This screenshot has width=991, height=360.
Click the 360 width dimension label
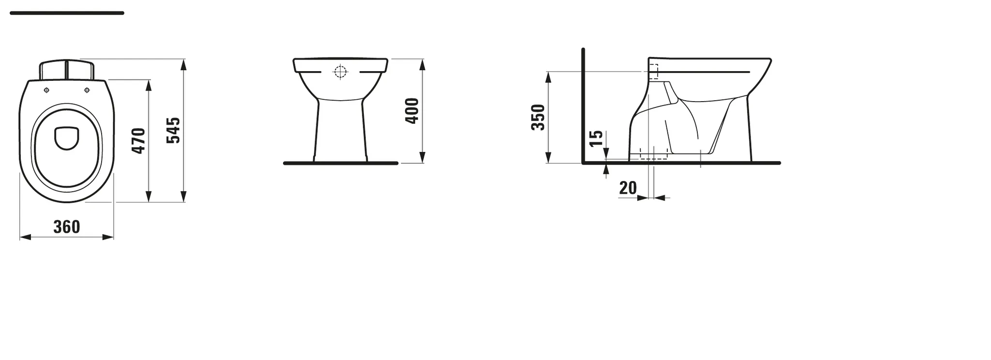tap(66, 226)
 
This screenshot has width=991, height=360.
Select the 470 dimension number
tap(139, 141)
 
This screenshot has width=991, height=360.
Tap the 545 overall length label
tap(173, 130)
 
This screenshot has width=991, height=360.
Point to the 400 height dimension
tap(412, 111)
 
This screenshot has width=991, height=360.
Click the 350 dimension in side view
tap(538, 117)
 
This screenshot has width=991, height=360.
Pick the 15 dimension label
tap(597, 138)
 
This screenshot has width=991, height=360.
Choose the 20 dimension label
tap(628, 188)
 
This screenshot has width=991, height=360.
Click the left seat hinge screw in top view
tap(46, 90)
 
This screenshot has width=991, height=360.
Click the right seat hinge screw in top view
tap(87, 90)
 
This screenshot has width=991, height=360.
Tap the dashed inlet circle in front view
tap(341, 72)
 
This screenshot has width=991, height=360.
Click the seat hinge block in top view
tap(66, 70)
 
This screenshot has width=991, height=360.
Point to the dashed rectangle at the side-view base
tap(653, 153)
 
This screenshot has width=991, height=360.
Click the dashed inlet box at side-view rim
tap(653, 72)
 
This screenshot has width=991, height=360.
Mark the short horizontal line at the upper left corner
tap(67, 13)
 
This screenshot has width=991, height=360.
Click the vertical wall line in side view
tap(584, 106)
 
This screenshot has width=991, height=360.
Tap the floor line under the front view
tap(340, 164)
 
